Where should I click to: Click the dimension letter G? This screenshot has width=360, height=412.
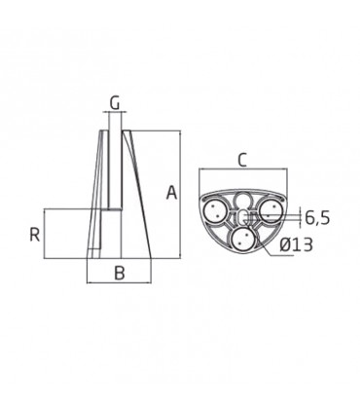[x=114, y=101]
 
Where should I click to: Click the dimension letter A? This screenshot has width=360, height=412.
[x=171, y=193]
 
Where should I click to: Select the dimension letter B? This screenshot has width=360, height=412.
[x=121, y=273]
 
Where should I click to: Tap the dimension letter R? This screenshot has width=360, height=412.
[x=34, y=234]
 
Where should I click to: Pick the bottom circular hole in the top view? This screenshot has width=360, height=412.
[x=243, y=240]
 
